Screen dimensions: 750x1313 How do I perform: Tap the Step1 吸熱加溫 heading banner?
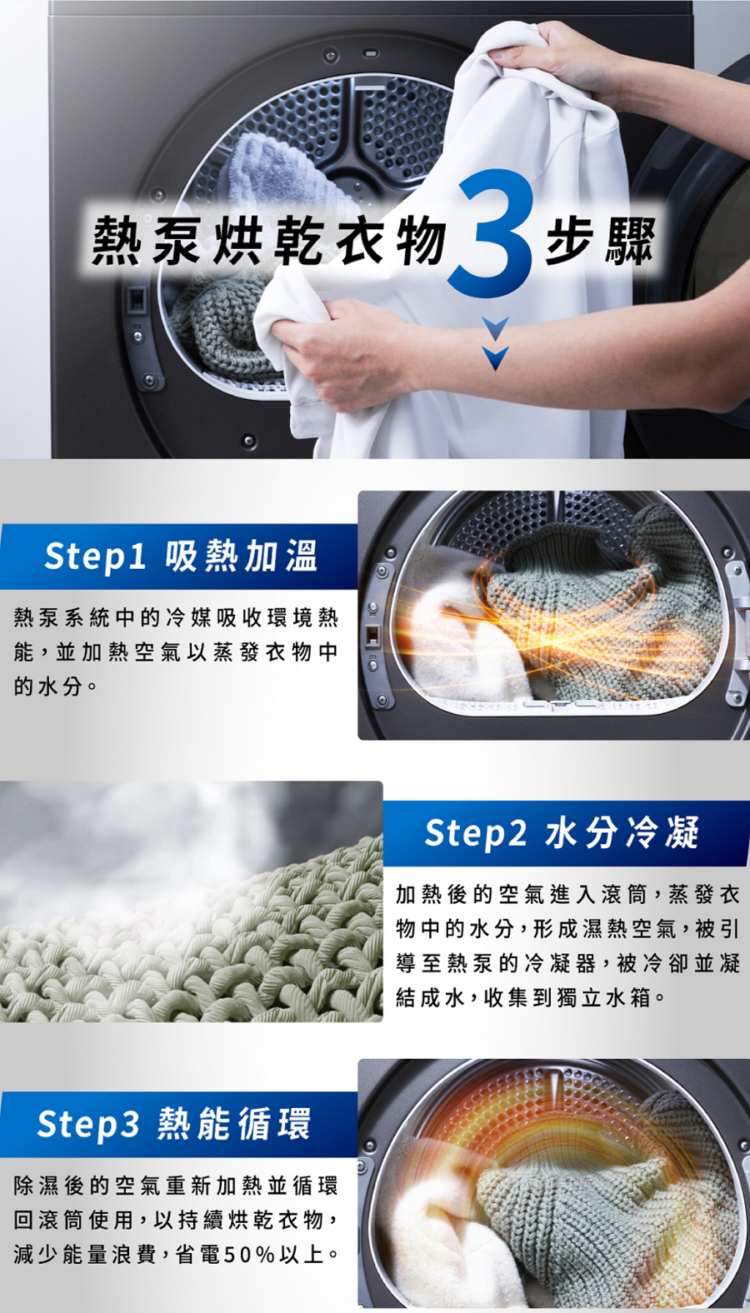[x=179, y=557]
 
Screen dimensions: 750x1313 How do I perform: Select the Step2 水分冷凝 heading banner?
[x=566, y=833]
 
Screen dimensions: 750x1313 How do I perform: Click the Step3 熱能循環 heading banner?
[x=179, y=1124]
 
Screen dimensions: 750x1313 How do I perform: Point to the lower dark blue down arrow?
[x=496, y=357]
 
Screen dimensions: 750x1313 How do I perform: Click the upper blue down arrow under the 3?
[x=496, y=328]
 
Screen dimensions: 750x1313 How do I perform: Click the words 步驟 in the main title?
[x=600, y=241]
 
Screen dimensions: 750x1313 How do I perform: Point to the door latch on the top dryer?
[x=136, y=300]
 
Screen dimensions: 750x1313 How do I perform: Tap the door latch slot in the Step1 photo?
[x=372, y=637]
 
